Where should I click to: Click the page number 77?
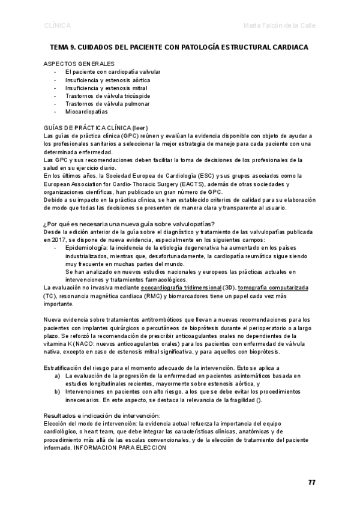coord(312,483)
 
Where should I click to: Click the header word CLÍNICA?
coord(58,26)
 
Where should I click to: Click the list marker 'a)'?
coord(57,375)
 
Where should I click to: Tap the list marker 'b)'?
coord(57,391)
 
